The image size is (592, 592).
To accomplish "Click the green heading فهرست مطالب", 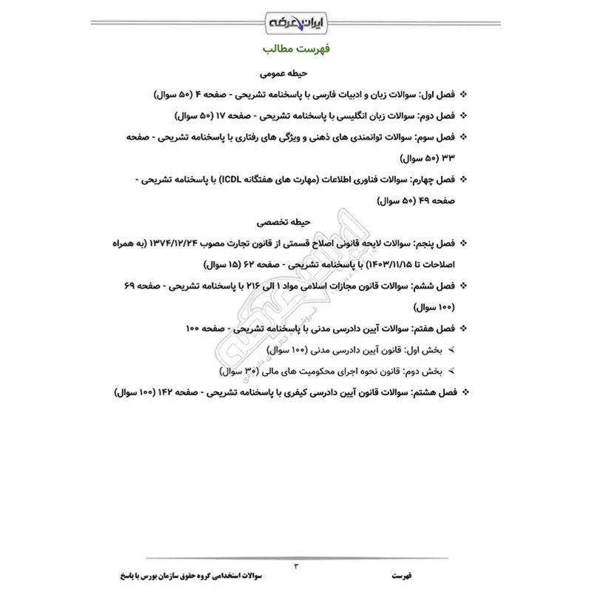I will point(296,51).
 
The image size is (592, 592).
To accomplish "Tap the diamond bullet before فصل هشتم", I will point(465,389).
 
